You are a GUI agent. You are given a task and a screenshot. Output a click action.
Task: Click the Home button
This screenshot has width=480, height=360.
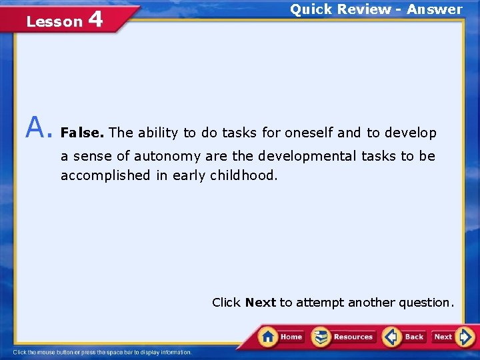(x=281, y=337)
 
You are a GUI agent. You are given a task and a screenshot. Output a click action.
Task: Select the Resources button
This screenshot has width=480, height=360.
(x=344, y=337)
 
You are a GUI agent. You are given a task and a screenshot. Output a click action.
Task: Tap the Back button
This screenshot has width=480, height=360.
(x=405, y=337)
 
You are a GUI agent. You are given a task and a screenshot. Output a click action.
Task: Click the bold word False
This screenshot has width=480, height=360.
(x=82, y=133)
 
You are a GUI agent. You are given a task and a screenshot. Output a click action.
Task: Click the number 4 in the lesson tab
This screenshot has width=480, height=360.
(x=95, y=19)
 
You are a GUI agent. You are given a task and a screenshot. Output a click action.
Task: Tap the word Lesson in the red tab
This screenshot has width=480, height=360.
(x=54, y=21)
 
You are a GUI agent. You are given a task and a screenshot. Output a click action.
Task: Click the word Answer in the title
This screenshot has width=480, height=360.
(x=435, y=9)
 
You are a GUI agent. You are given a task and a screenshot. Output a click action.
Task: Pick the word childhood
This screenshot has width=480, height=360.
(x=242, y=175)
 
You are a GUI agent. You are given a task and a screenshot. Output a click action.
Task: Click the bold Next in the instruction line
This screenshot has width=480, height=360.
(x=260, y=303)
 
